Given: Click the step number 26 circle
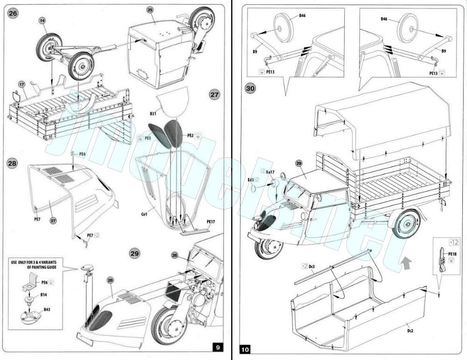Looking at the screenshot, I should tap(13, 13).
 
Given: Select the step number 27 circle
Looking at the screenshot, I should tap(214, 95).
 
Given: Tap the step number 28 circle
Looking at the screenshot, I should tap(13, 163).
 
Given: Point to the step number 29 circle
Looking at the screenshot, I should tap(135, 254).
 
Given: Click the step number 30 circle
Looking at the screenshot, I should tap(251, 88).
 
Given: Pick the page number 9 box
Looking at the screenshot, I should tap(218, 347).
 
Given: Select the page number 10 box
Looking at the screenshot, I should tap(246, 349).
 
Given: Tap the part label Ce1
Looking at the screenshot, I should tap(145, 214).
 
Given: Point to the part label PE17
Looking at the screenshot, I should tap(211, 222).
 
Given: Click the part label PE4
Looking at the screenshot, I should tap(82, 154).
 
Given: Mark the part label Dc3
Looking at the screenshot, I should tap(312, 266).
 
